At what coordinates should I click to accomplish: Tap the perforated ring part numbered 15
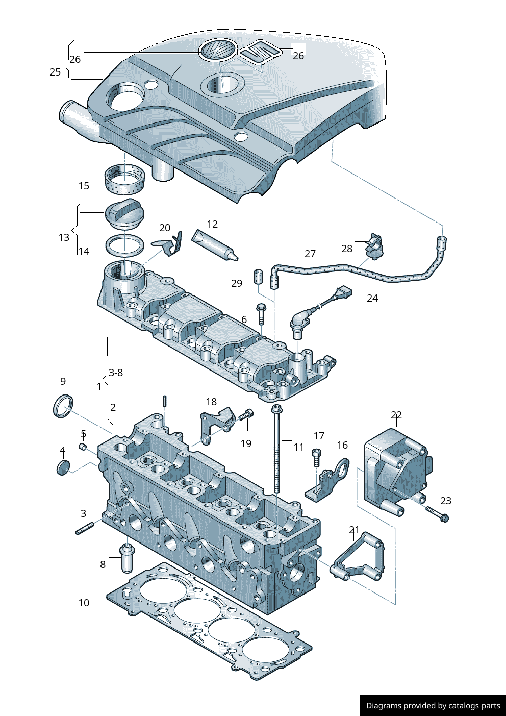pyautogui.click(x=125, y=180)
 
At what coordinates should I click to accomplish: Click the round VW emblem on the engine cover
pyautogui.click(x=217, y=50)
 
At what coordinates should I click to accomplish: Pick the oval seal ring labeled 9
pyautogui.click(x=63, y=406)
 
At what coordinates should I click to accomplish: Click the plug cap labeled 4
pyautogui.click(x=63, y=467)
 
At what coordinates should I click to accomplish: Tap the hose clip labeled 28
pyautogui.click(x=375, y=245)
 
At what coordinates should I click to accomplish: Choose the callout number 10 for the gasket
pyautogui.click(x=84, y=603)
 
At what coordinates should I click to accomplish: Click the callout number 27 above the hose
pyautogui.click(x=310, y=254)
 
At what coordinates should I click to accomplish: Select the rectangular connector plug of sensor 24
pyautogui.click(x=343, y=293)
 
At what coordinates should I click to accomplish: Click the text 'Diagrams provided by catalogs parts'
pyautogui.click(x=433, y=706)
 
